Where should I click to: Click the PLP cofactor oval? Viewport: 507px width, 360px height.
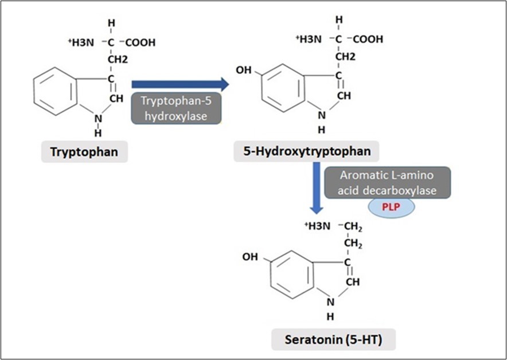[x=391, y=208]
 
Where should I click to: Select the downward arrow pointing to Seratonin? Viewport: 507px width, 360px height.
[x=314, y=189]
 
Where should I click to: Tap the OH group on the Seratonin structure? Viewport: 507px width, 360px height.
[x=250, y=257]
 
